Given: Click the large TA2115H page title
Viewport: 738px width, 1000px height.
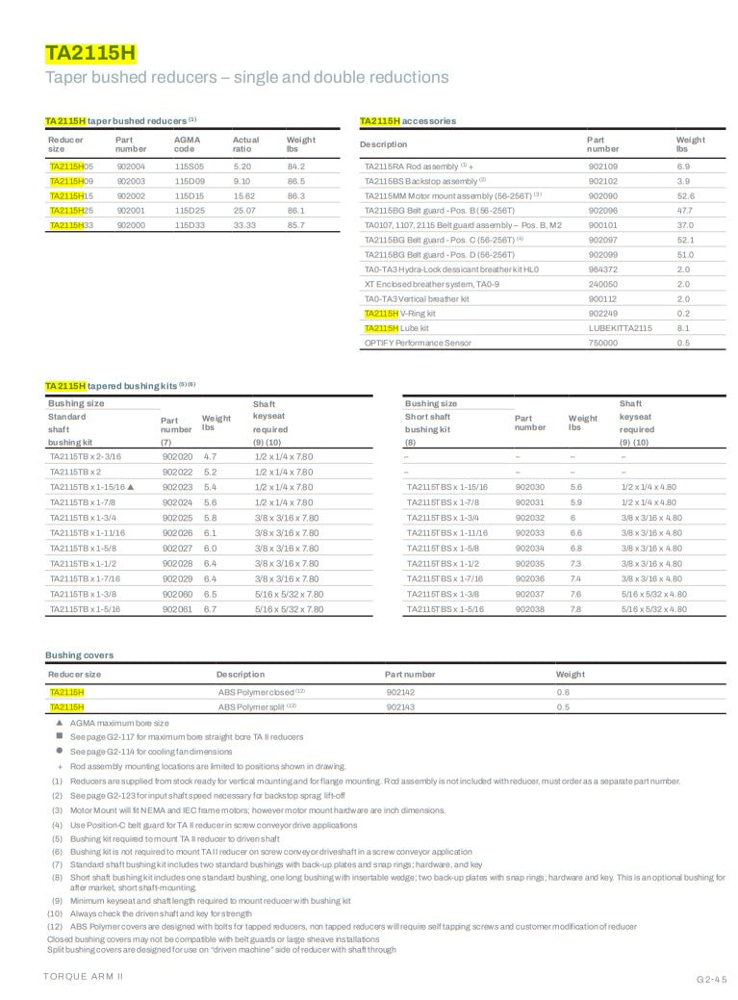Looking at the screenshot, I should click(90, 53).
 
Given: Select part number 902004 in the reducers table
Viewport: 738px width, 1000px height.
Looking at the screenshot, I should click(131, 167).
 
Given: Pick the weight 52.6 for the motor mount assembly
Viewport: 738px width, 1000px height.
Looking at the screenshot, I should click(685, 195).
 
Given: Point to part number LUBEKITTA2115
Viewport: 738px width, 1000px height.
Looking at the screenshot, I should click(620, 328).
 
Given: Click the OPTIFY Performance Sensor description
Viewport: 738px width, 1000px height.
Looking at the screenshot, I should click(418, 343).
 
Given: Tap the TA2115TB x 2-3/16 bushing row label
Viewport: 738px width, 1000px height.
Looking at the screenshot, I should click(86, 457).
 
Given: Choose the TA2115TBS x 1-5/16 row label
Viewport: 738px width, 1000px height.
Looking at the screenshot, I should click(448, 609).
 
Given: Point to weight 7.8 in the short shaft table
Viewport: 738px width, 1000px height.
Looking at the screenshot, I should click(576, 609).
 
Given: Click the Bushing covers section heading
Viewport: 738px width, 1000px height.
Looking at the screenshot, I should click(79, 655).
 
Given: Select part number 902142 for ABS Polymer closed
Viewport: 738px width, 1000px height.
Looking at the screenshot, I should click(400, 692).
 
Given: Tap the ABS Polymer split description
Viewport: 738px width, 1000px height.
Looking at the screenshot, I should click(257, 706).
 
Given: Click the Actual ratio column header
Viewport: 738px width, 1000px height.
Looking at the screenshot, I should click(245, 144).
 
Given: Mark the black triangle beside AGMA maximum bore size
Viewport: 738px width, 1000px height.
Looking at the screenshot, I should click(59, 723).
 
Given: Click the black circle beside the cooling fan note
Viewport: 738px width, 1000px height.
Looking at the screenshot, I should click(59, 751).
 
